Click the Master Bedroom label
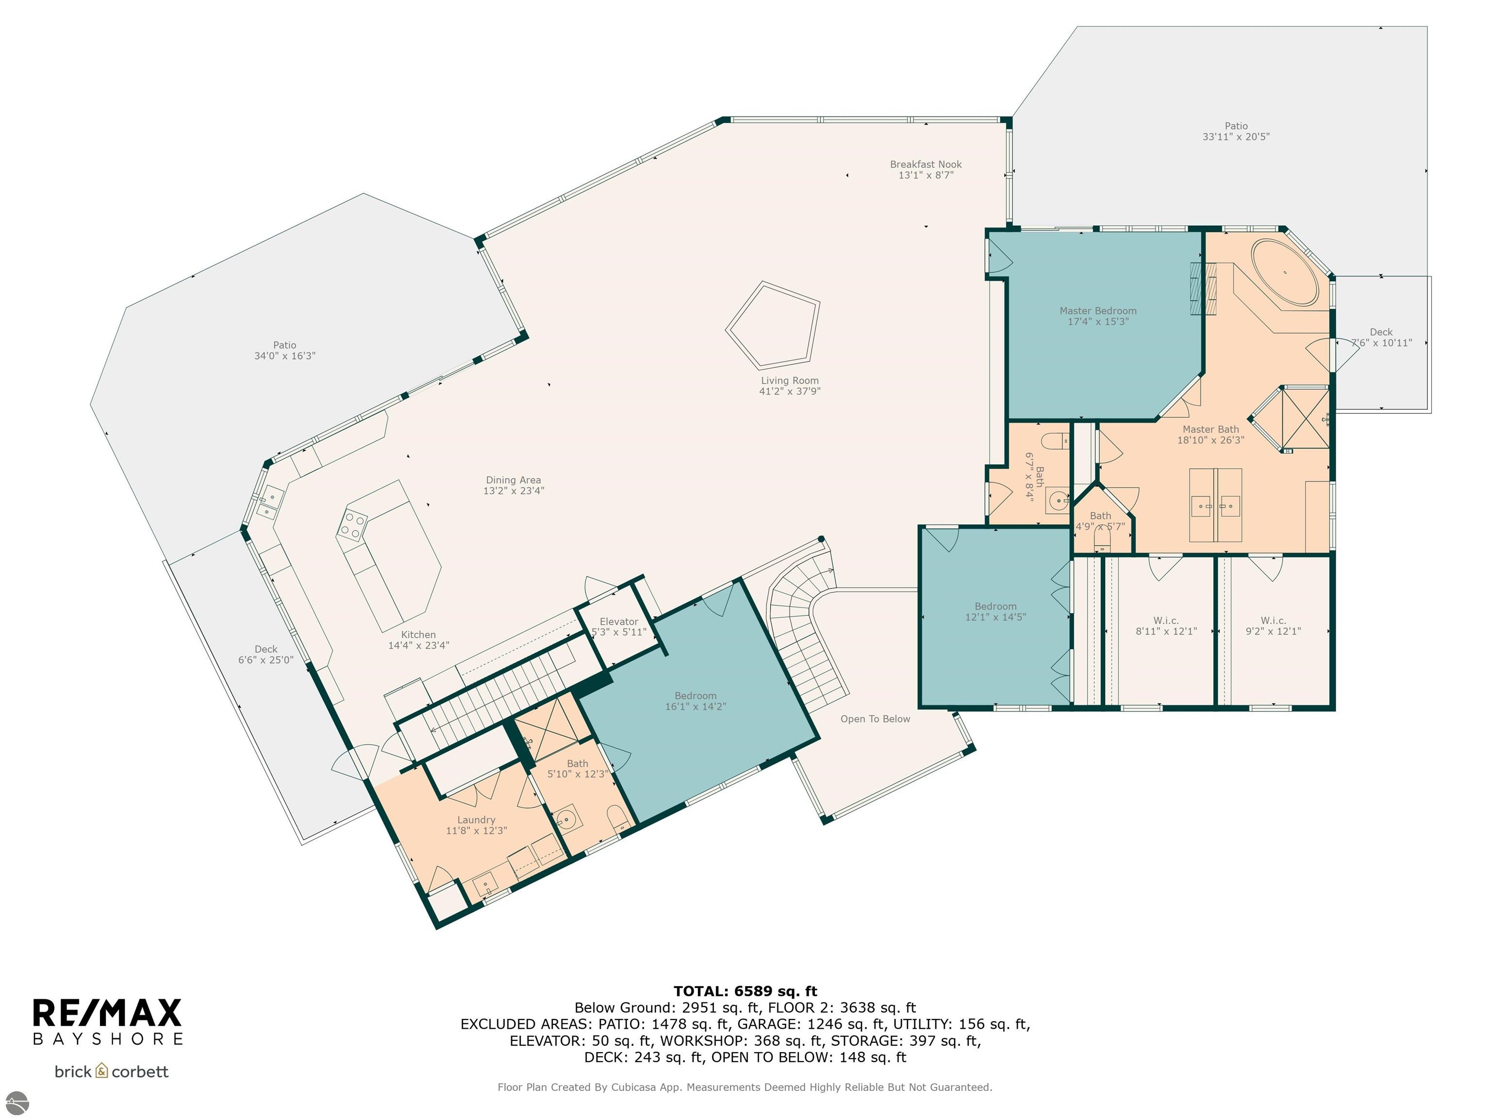pyautogui.click(x=1097, y=311)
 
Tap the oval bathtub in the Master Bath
pyautogui.click(x=1285, y=273)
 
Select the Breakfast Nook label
pyautogui.click(x=926, y=164)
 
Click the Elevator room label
pyautogui.click(x=619, y=621)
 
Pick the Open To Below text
pyautogui.click(x=875, y=719)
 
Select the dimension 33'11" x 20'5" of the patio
pyautogui.click(x=1236, y=137)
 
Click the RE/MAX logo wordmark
pyautogui.click(x=108, y=1013)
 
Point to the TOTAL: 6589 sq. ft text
pyautogui.click(x=745, y=991)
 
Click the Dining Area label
pyautogui.click(x=513, y=480)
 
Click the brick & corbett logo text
pyautogui.click(x=111, y=1071)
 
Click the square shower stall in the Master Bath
pyautogui.click(x=1305, y=418)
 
